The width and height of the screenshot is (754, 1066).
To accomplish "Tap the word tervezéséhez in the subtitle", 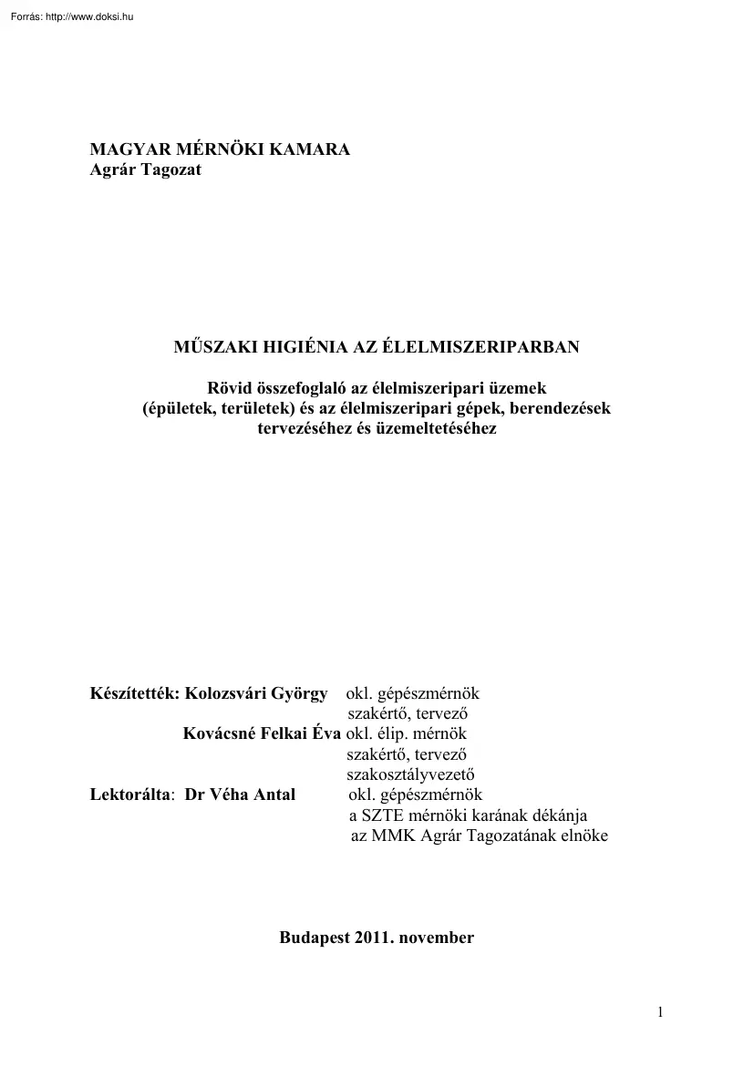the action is tap(305, 427).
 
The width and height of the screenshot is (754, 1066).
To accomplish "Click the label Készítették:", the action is tap(135, 694).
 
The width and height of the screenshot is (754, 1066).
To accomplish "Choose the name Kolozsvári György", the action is tap(256, 694).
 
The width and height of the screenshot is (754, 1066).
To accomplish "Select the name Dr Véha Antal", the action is tap(240, 794).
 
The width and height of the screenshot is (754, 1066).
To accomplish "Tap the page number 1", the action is tap(660, 1012).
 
